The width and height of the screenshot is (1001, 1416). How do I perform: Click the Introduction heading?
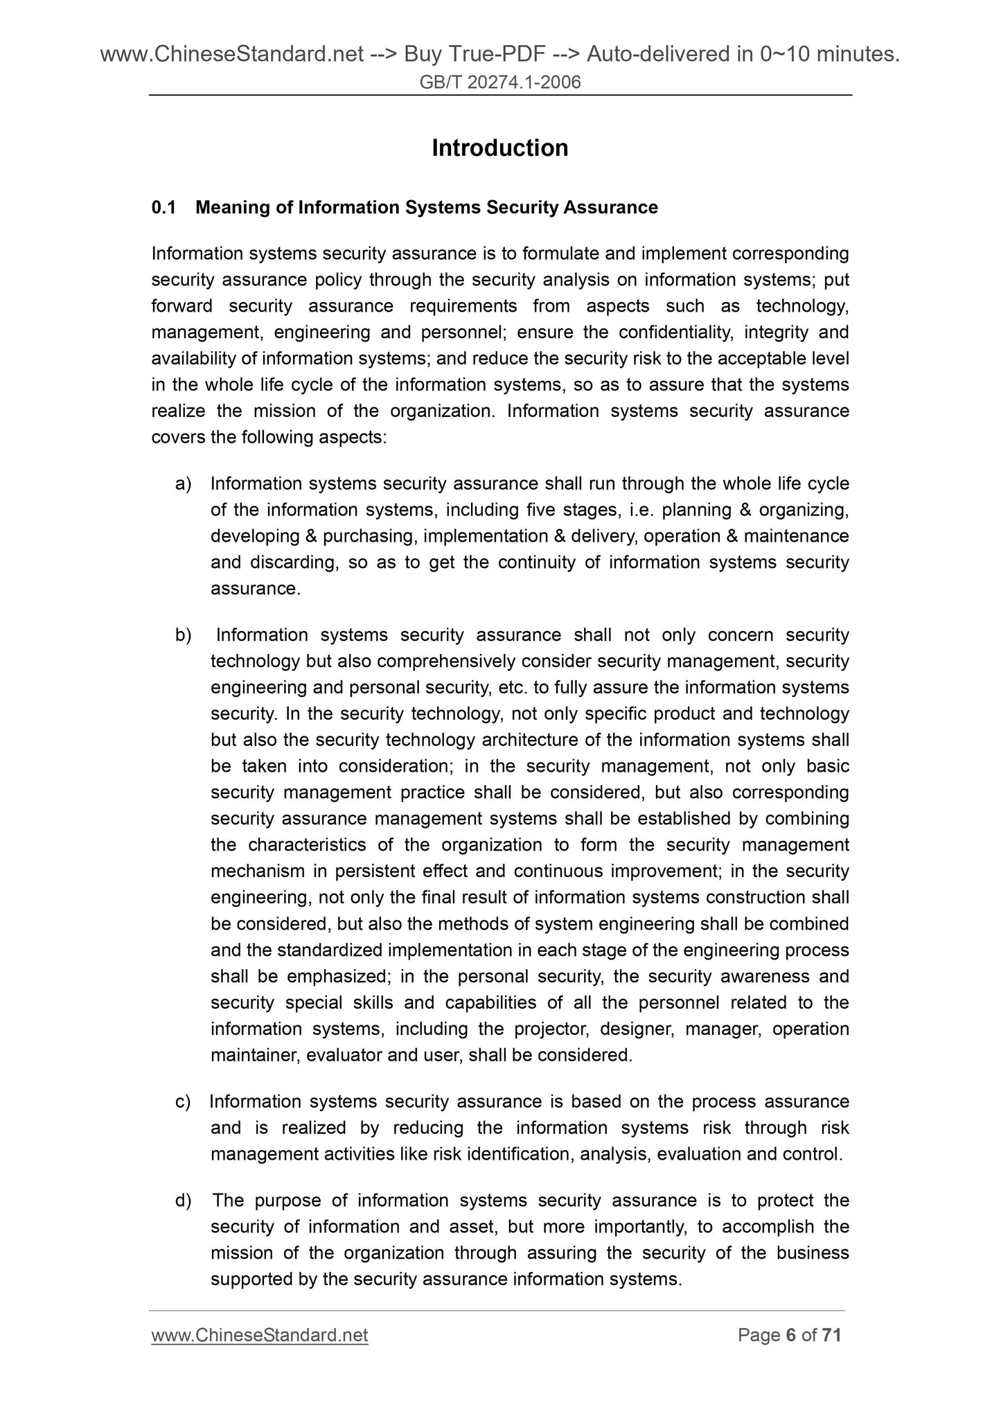click(499, 148)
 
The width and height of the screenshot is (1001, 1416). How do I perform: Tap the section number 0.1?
click(163, 207)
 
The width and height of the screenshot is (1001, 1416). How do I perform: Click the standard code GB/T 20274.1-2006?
click(500, 83)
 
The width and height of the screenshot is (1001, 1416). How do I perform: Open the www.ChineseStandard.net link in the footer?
click(259, 1335)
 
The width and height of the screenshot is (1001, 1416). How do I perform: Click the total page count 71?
click(831, 1335)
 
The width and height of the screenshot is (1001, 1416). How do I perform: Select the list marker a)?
click(183, 484)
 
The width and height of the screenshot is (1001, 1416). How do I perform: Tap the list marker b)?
click(183, 635)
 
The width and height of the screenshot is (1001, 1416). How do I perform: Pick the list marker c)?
click(183, 1101)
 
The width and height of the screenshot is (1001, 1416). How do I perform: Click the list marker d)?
click(183, 1200)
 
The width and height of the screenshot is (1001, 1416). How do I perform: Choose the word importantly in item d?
click(632, 1226)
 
